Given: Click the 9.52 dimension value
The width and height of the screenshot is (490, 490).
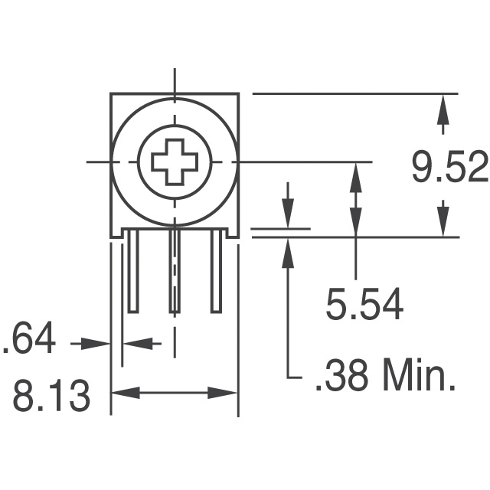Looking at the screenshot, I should coord(449,169).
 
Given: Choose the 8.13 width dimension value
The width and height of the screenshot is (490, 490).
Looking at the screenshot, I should coord(52,397).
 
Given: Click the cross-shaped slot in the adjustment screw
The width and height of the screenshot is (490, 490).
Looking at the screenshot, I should coord(175,162).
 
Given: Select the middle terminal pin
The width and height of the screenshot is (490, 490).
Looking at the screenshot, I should coord(175,272).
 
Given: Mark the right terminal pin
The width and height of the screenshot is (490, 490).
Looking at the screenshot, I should coord(217,272).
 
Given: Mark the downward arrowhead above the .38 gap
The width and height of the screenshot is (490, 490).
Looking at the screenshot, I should coord(288,215).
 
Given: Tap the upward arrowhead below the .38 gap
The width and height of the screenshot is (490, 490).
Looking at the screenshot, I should coord(288,250).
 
